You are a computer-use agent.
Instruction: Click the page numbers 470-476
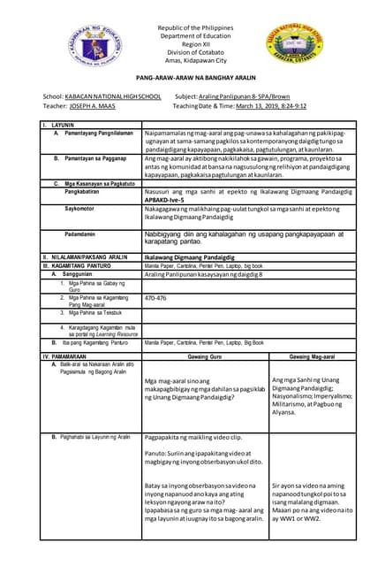tap(155, 298)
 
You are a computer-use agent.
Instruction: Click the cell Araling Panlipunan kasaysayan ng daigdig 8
tap(203, 275)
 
